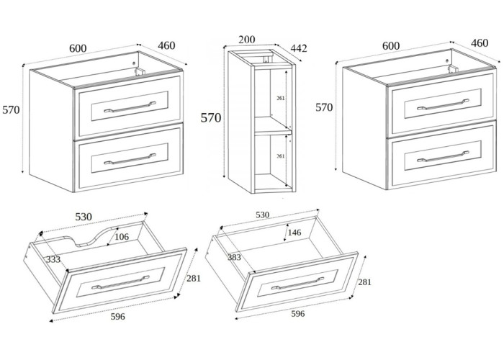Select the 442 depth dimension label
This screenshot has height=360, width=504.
click(x=298, y=48)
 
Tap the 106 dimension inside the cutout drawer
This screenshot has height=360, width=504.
click(x=121, y=238)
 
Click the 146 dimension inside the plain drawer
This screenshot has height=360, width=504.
click(x=293, y=233)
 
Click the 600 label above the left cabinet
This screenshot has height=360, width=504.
click(x=78, y=48)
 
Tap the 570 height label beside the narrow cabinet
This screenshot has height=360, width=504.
click(x=211, y=117)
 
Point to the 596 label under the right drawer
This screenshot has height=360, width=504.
click(x=297, y=313)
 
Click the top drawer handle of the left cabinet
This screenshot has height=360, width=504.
click(x=130, y=108)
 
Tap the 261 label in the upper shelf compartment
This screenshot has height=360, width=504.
click(x=282, y=98)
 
